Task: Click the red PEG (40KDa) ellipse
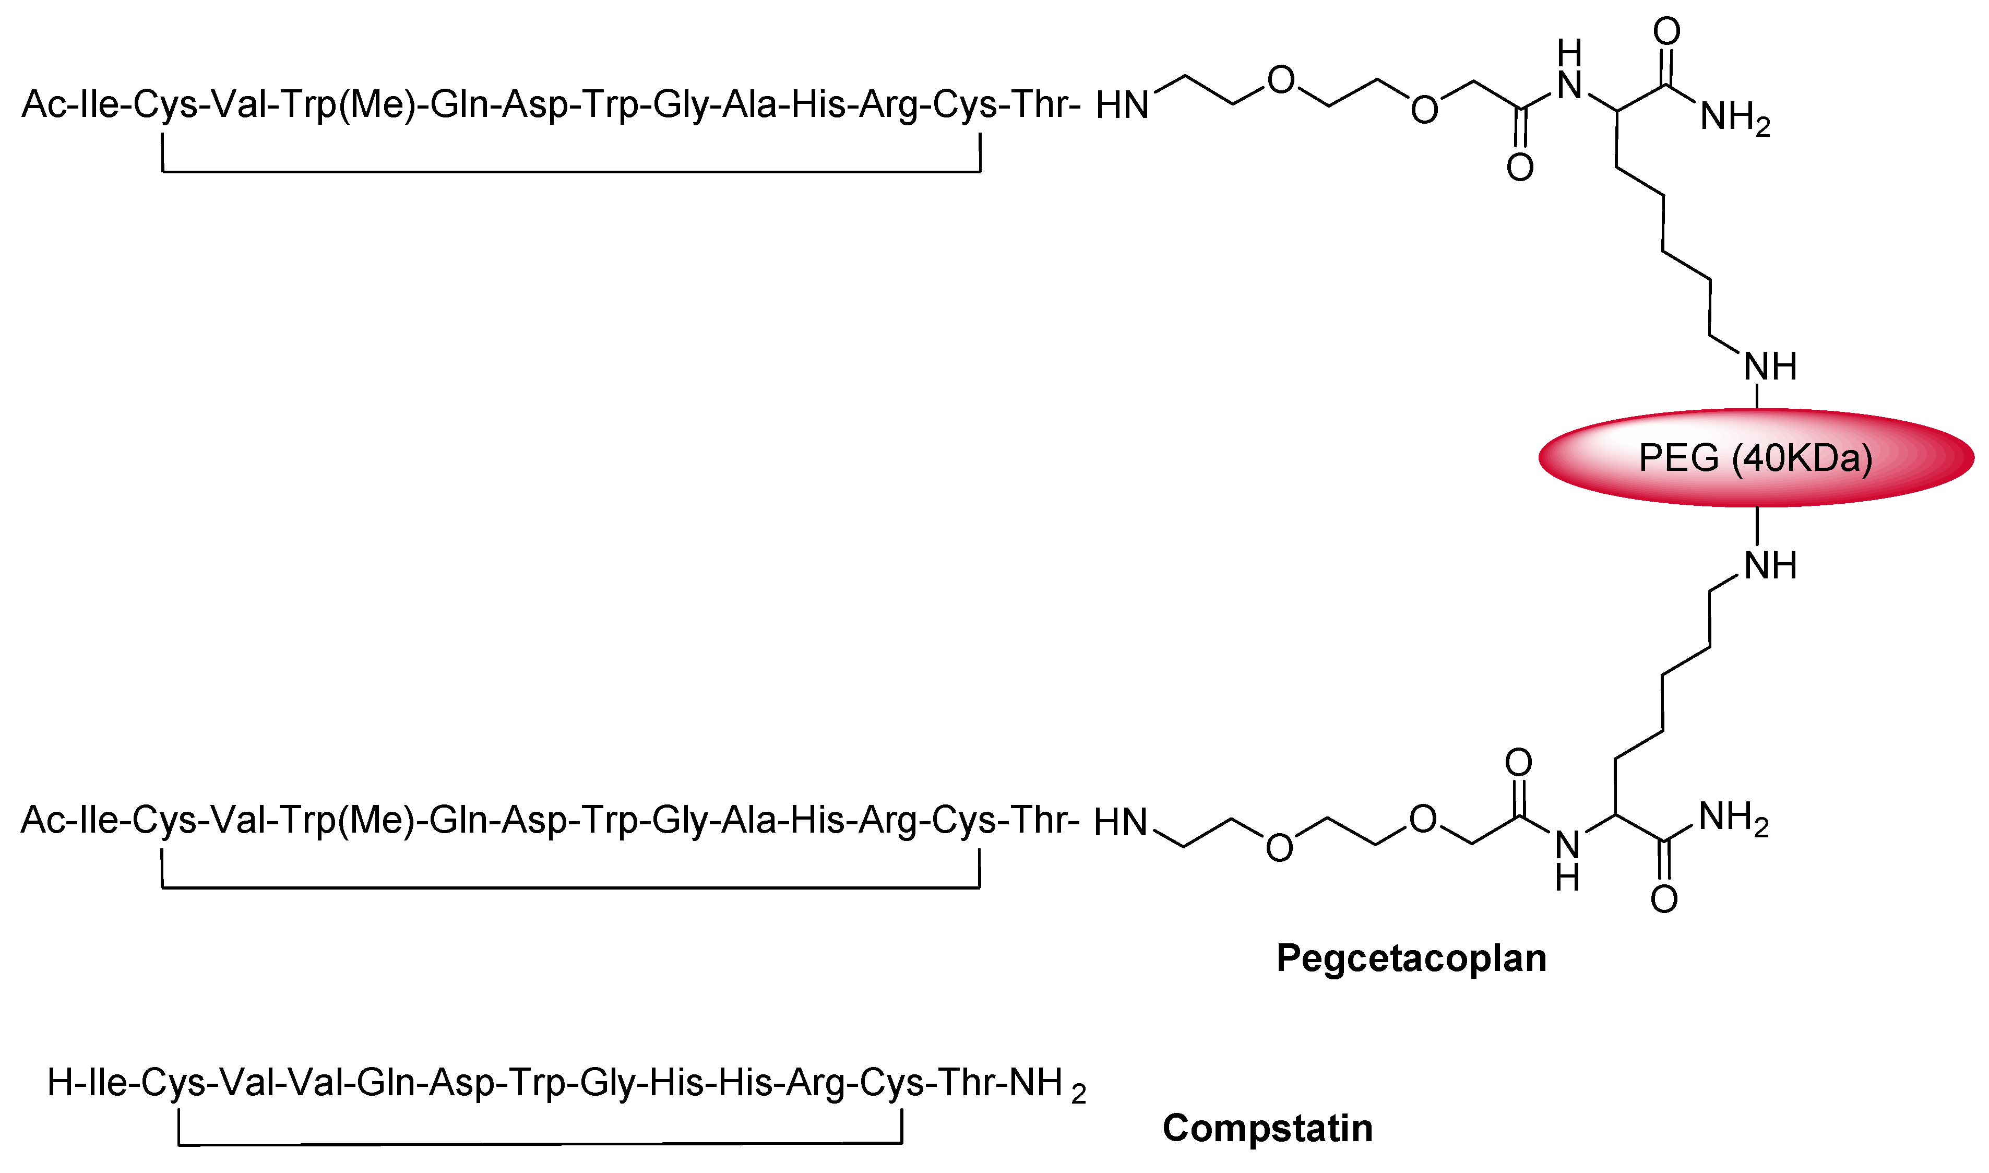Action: pos(1756,458)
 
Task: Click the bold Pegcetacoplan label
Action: pos(1411,958)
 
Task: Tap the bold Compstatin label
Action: pos(1268,1128)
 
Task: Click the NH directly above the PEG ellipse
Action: pos(1770,367)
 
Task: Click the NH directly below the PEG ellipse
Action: pos(1770,566)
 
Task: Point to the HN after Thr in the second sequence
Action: pos(1121,823)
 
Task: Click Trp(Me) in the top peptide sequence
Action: pos(348,104)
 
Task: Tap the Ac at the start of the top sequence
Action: pos(44,104)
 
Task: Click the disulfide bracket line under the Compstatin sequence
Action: pos(540,1144)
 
